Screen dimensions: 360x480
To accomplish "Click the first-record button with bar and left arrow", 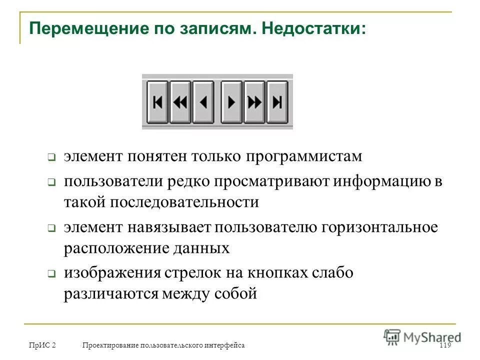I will click(157, 102).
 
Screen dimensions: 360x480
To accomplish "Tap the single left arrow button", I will click(203, 102).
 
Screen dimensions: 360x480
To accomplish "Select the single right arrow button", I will click(231, 102).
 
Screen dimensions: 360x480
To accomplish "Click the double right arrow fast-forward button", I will click(254, 102).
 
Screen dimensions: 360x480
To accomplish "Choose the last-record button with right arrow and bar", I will click(277, 102).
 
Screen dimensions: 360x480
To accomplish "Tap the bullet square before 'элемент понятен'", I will click(51, 157).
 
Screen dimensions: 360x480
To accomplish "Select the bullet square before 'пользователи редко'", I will click(51, 183).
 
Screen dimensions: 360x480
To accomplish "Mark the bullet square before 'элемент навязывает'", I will click(51, 228).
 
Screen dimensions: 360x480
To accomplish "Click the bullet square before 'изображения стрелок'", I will click(51, 274).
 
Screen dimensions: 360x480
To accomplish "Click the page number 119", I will click(444, 345).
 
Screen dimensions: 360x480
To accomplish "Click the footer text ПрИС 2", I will click(42, 345).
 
